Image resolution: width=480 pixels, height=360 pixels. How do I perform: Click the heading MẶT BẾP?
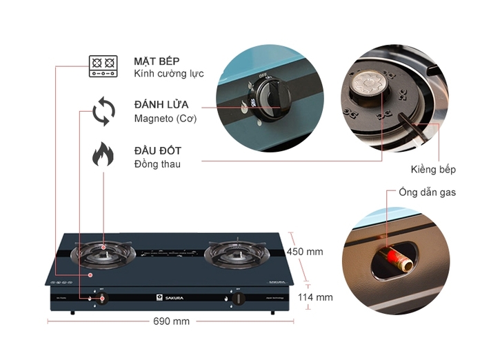157,61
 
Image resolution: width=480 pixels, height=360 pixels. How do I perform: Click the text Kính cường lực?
168,74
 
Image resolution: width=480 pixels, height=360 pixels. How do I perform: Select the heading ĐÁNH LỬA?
161,105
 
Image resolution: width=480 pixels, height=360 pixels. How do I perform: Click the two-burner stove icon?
103,66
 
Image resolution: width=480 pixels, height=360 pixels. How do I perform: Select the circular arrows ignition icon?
103,112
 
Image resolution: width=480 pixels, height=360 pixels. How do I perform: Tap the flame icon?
103,156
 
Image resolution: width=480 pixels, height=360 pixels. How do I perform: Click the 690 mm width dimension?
170,321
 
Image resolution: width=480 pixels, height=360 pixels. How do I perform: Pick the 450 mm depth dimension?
305,252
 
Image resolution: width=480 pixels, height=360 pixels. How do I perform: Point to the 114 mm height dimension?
314,297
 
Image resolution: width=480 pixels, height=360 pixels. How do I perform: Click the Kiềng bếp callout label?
433,169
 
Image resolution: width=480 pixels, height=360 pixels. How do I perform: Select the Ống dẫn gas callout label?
427,193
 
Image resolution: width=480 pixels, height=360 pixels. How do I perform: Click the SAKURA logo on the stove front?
166,299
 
